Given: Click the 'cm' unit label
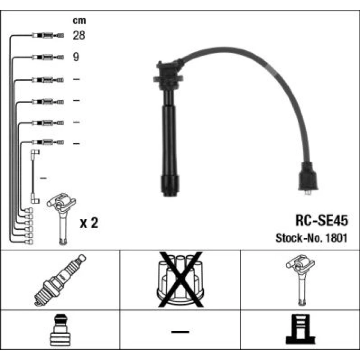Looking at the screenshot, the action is coord(79,21).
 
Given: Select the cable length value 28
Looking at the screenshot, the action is coord(79,35).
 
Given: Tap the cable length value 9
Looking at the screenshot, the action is coord(76,57).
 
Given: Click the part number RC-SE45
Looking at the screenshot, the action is coord(321,220).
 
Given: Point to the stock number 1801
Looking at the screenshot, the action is coord(336,238).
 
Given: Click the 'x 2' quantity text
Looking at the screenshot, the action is coord(89,223).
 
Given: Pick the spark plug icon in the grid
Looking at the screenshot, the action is coord(60,280).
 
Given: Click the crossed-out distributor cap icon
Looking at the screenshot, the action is coord(180,279).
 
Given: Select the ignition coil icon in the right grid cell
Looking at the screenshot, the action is coord(300,280).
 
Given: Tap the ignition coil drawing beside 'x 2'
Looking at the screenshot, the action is coord(62,219).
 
